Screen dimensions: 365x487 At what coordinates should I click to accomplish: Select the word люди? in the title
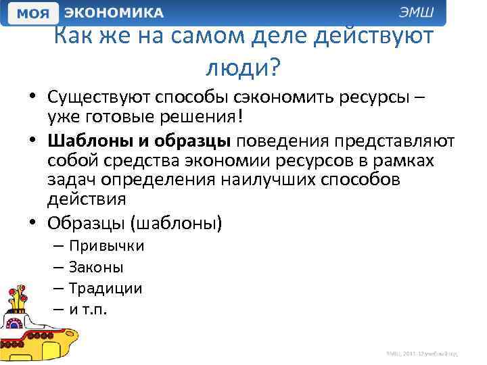243,67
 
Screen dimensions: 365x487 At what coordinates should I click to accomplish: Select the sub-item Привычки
106,246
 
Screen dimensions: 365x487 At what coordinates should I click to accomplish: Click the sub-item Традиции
106,289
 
